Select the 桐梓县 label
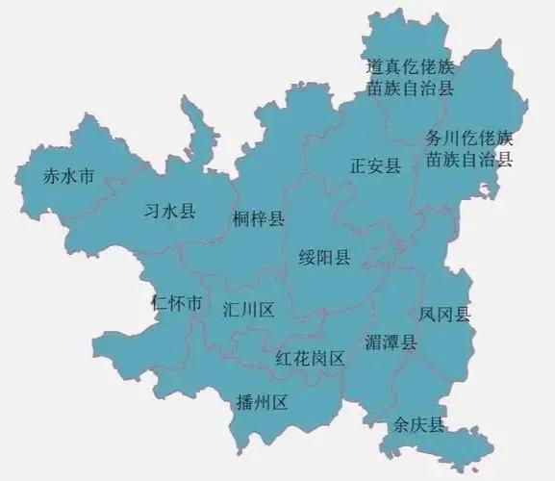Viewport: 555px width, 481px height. pos(259,219)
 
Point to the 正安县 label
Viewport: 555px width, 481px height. pos(375,166)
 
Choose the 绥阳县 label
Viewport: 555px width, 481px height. pos(327,258)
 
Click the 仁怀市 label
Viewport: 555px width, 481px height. pos(177,304)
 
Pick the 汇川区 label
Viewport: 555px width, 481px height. pos(249,310)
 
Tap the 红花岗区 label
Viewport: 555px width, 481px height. pos(310,359)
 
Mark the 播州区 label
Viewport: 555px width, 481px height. pos(262,402)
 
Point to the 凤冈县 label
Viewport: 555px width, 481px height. pos(445,314)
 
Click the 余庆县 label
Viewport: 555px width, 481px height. pos(419,424)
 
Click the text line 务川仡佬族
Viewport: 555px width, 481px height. pos(469,138)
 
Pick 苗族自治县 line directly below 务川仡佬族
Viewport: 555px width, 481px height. pos(469,159)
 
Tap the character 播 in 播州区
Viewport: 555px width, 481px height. pos(244,402)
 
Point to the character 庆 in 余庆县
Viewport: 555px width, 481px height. pos(419,424)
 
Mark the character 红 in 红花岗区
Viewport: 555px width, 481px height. pos(284,359)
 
